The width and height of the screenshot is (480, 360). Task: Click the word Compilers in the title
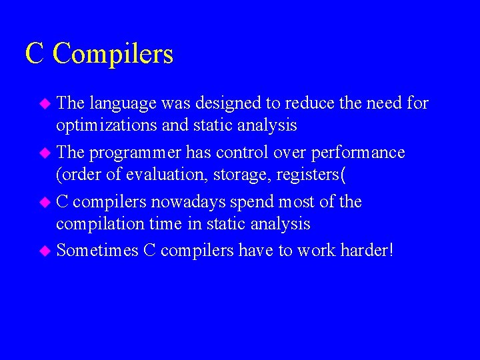[x=113, y=54]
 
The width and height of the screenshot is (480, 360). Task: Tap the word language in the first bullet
[x=123, y=103]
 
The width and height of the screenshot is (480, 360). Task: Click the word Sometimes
[x=97, y=250]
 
